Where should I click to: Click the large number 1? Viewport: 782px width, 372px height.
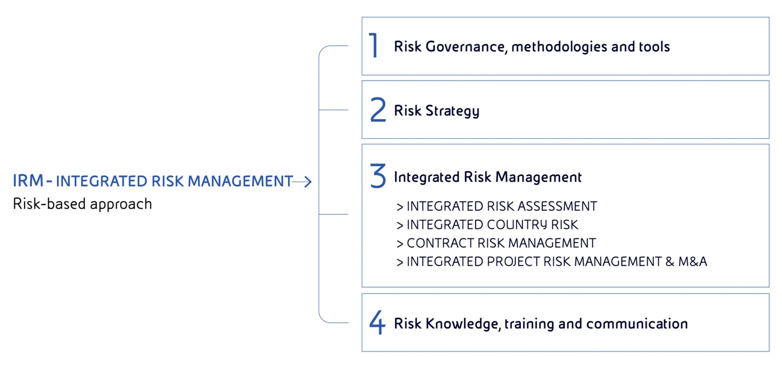click(373, 46)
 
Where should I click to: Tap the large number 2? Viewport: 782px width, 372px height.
click(378, 110)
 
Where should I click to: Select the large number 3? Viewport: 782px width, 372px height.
click(378, 176)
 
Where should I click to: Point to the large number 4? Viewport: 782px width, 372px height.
click(378, 322)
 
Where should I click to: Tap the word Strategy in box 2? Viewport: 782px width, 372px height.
click(452, 111)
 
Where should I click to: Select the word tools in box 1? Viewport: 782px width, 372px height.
click(654, 46)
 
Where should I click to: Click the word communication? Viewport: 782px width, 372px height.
click(637, 324)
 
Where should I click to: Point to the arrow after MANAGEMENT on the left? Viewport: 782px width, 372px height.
click(303, 181)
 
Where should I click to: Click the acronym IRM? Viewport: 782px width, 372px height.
click(28, 181)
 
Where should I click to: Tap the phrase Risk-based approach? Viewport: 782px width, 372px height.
click(82, 204)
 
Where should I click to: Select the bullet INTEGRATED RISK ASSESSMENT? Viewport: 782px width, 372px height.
click(501, 206)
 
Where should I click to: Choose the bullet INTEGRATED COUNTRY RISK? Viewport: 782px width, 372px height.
click(492, 225)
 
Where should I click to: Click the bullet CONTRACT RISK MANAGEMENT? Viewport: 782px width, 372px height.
click(501, 243)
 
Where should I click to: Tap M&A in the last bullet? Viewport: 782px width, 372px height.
click(692, 262)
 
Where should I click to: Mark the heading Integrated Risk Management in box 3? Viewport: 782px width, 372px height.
click(487, 177)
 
